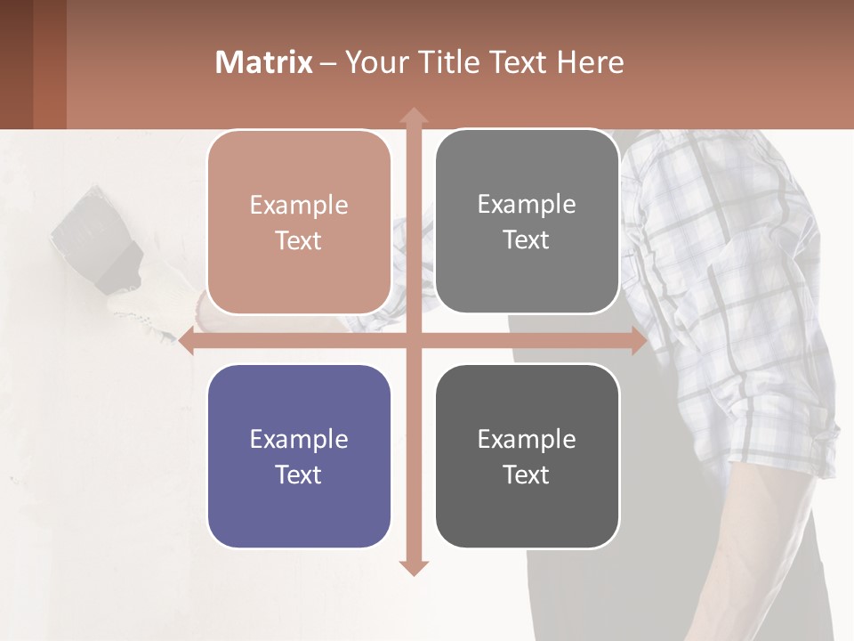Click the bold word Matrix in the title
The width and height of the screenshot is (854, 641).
[264, 62]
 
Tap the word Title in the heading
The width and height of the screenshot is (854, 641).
[454, 62]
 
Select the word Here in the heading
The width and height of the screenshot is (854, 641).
[590, 62]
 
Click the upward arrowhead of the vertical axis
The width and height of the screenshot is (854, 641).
[414, 117]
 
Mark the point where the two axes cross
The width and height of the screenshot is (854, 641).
[414, 341]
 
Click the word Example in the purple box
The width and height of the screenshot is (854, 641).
[299, 439]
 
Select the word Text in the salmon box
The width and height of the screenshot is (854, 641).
[299, 241]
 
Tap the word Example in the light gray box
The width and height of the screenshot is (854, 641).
[527, 205]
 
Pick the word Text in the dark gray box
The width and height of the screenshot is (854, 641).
[527, 475]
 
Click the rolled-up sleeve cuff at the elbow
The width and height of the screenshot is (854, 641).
[783, 445]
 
